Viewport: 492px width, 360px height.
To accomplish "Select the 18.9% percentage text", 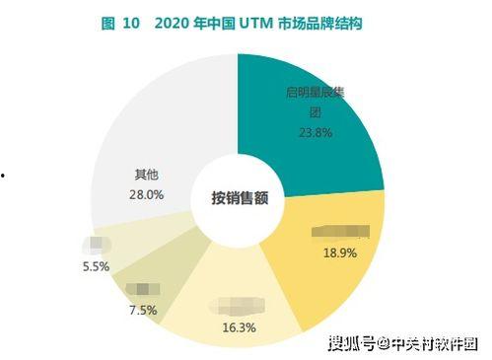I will tap(340, 252).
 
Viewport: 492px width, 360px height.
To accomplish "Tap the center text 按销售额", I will tap(240, 196).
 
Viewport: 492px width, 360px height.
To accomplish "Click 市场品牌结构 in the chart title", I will tap(324, 22).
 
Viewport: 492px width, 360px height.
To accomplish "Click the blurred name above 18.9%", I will tap(340, 233).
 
